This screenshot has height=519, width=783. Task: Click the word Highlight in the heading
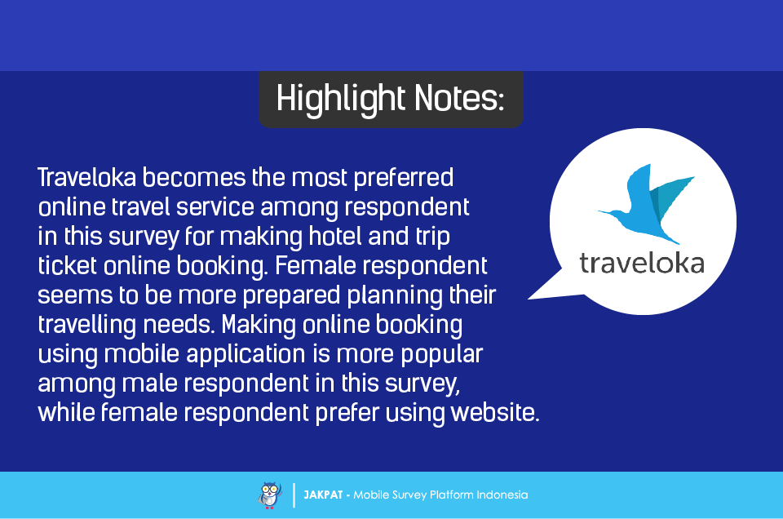(x=341, y=99)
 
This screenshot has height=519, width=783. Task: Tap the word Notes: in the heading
(x=459, y=98)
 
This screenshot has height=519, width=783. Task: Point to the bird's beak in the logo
(x=604, y=212)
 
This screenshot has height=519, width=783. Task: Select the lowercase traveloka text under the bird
(x=642, y=263)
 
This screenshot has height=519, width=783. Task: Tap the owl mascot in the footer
(x=270, y=495)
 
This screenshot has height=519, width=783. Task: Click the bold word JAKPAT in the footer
(x=323, y=495)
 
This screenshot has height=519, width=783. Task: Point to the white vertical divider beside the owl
(x=294, y=495)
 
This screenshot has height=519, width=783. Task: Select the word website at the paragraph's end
(x=495, y=413)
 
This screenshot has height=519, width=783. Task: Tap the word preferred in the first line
(x=404, y=179)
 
